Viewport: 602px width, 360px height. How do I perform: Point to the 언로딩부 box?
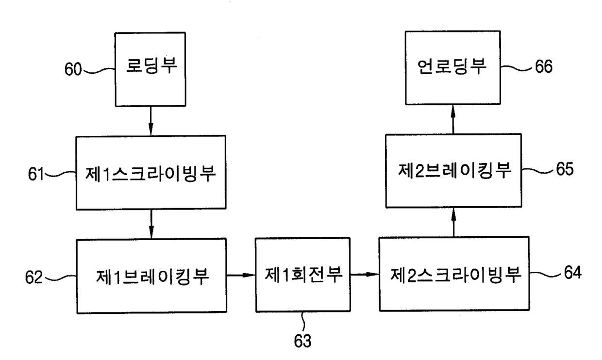453,68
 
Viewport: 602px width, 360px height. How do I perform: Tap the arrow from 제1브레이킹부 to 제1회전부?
241,276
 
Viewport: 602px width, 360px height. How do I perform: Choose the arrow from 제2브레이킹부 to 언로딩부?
453,119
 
